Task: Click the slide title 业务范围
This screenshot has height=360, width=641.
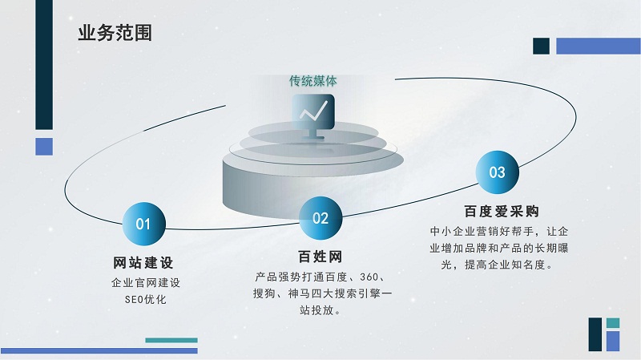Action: click(x=115, y=33)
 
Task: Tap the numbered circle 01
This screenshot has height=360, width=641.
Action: click(x=144, y=224)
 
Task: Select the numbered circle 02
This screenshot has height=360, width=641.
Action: click(x=320, y=218)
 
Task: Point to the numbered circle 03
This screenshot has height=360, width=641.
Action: click(x=497, y=172)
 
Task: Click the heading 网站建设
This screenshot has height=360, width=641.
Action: click(x=143, y=263)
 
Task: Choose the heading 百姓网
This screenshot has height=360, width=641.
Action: click(x=320, y=257)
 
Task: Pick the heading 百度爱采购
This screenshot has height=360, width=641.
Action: click(x=502, y=211)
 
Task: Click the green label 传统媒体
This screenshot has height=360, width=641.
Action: click(x=313, y=81)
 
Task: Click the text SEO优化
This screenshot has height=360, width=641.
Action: click(x=146, y=299)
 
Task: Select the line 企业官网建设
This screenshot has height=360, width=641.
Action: click(x=146, y=283)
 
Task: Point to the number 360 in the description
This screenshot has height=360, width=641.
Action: click(x=369, y=277)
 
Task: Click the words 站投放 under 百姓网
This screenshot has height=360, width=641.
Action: click(x=316, y=310)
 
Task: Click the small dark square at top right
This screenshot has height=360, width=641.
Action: click(x=542, y=46)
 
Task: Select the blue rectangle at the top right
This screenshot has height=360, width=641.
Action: click(x=599, y=46)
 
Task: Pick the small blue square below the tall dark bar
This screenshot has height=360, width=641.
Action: click(x=44, y=147)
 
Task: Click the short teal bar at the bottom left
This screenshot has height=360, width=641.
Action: click(x=171, y=341)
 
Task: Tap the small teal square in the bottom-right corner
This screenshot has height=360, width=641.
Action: click(x=613, y=323)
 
